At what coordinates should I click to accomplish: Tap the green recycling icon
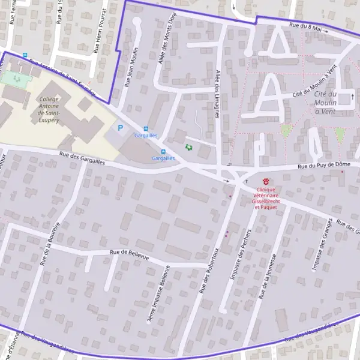tap(190, 146)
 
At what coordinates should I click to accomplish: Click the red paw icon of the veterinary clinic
tap(266, 181)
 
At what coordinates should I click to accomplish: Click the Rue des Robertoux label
tap(211, 269)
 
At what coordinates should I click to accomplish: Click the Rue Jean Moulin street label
tap(131, 68)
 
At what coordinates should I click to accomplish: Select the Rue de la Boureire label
tap(50, 244)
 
